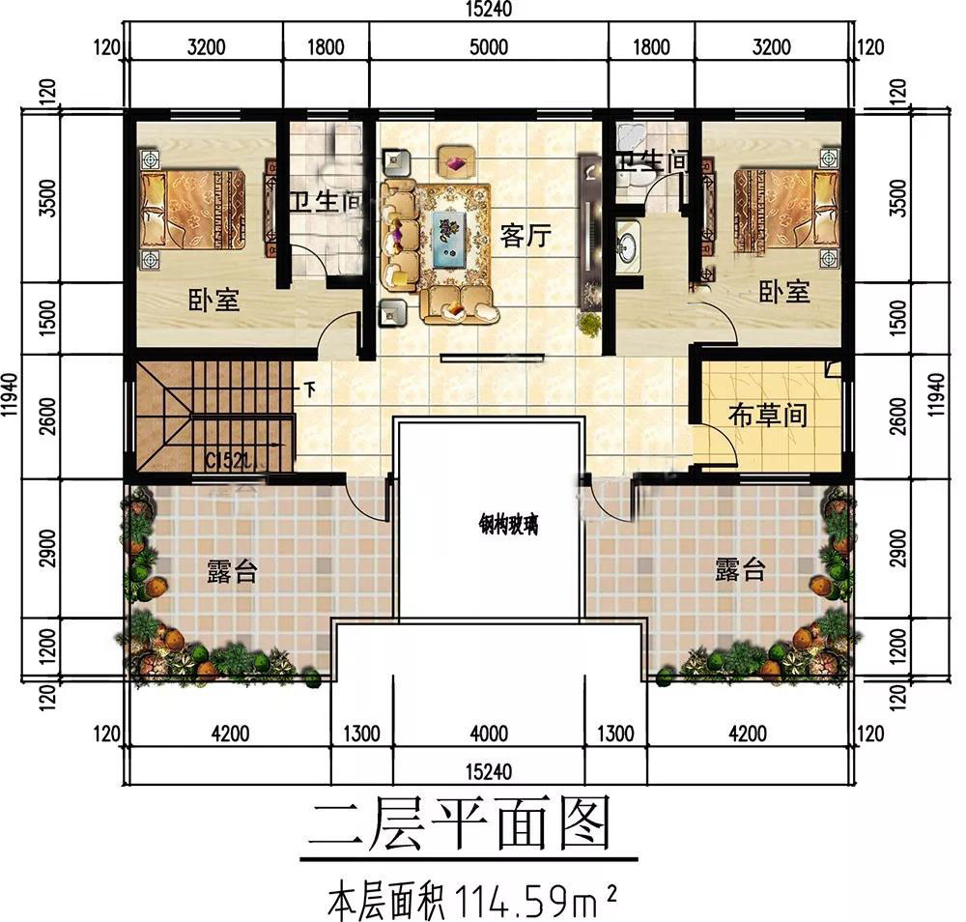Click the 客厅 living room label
[x=526, y=235]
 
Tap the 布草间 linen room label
[x=767, y=416]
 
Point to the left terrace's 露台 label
[x=232, y=571]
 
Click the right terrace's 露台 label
[x=740, y=570]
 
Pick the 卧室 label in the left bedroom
[x=213, y=300]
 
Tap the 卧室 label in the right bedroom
[x=783, y=292]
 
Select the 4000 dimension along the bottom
[x=489, y=735]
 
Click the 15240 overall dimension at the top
[x=486, y=10]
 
